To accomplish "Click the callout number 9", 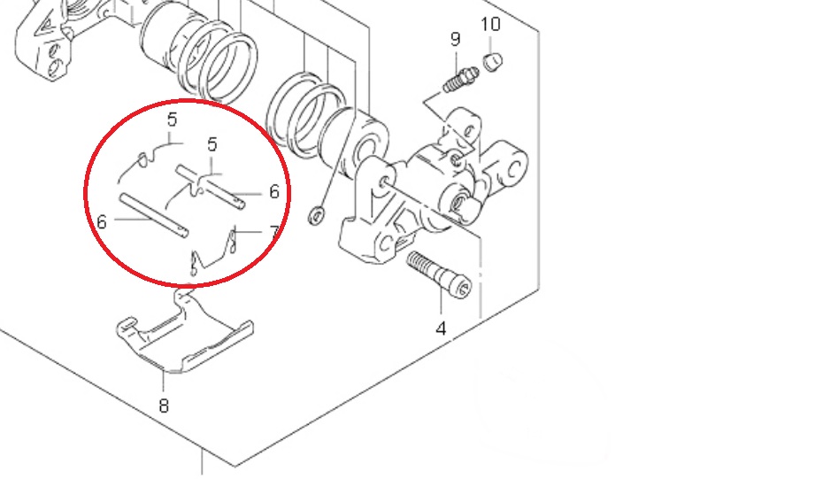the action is pos(455,39).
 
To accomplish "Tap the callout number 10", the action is pos(491,24).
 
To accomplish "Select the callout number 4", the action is pos(441,328).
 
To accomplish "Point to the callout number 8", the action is pos(164,406).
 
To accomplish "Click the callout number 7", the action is pos(274,232).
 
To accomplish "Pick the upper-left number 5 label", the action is pos(173,120).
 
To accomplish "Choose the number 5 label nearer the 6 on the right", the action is pos(212,144).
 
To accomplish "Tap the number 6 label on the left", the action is pos(102,222).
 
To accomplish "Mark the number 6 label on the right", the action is pos(274,192).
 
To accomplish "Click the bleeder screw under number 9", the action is pos(460,80).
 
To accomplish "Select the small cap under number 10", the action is pos(492,61).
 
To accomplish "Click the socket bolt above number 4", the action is pos(439,274).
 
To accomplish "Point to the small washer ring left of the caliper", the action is pos(316,215).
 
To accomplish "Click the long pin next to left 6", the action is pos(153,216).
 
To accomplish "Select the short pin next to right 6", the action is pos(211,188).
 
